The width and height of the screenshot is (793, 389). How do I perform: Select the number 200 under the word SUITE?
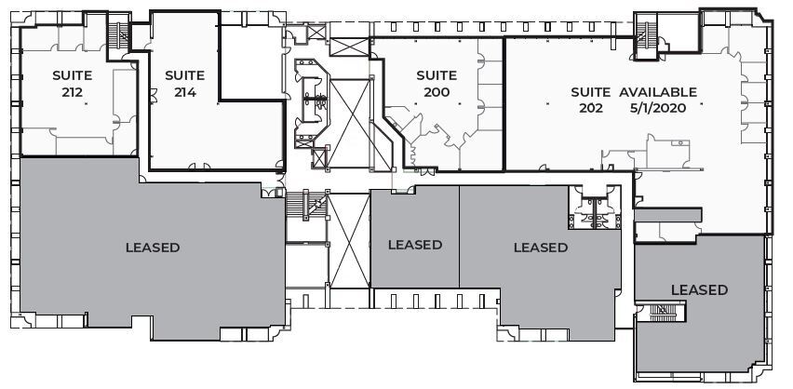coord(436,92)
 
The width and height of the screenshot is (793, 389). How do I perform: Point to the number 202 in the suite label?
coord(591,108)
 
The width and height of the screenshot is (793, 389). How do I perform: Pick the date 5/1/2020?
coord(657,108)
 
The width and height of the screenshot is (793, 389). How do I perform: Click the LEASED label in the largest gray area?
coord(152,248)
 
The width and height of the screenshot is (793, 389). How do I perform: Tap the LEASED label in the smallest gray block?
coord(414,245)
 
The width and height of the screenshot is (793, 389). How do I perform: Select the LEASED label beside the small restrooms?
coord(540,248)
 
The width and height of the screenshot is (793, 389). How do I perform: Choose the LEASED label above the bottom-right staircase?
coord(699,289)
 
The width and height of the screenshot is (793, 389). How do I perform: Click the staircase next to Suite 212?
coord(118,35)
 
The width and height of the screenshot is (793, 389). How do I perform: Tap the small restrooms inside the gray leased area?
coord(593,208)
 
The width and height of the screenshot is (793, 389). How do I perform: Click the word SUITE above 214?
coord(184,75)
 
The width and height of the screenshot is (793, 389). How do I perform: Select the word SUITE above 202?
coord(591,92)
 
